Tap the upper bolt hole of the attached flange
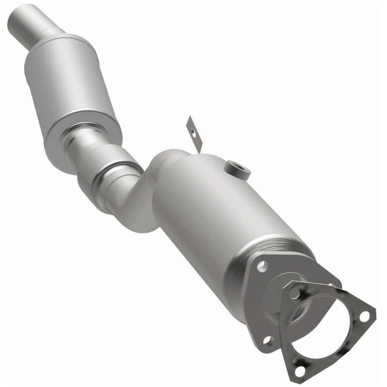click(262, 266)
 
